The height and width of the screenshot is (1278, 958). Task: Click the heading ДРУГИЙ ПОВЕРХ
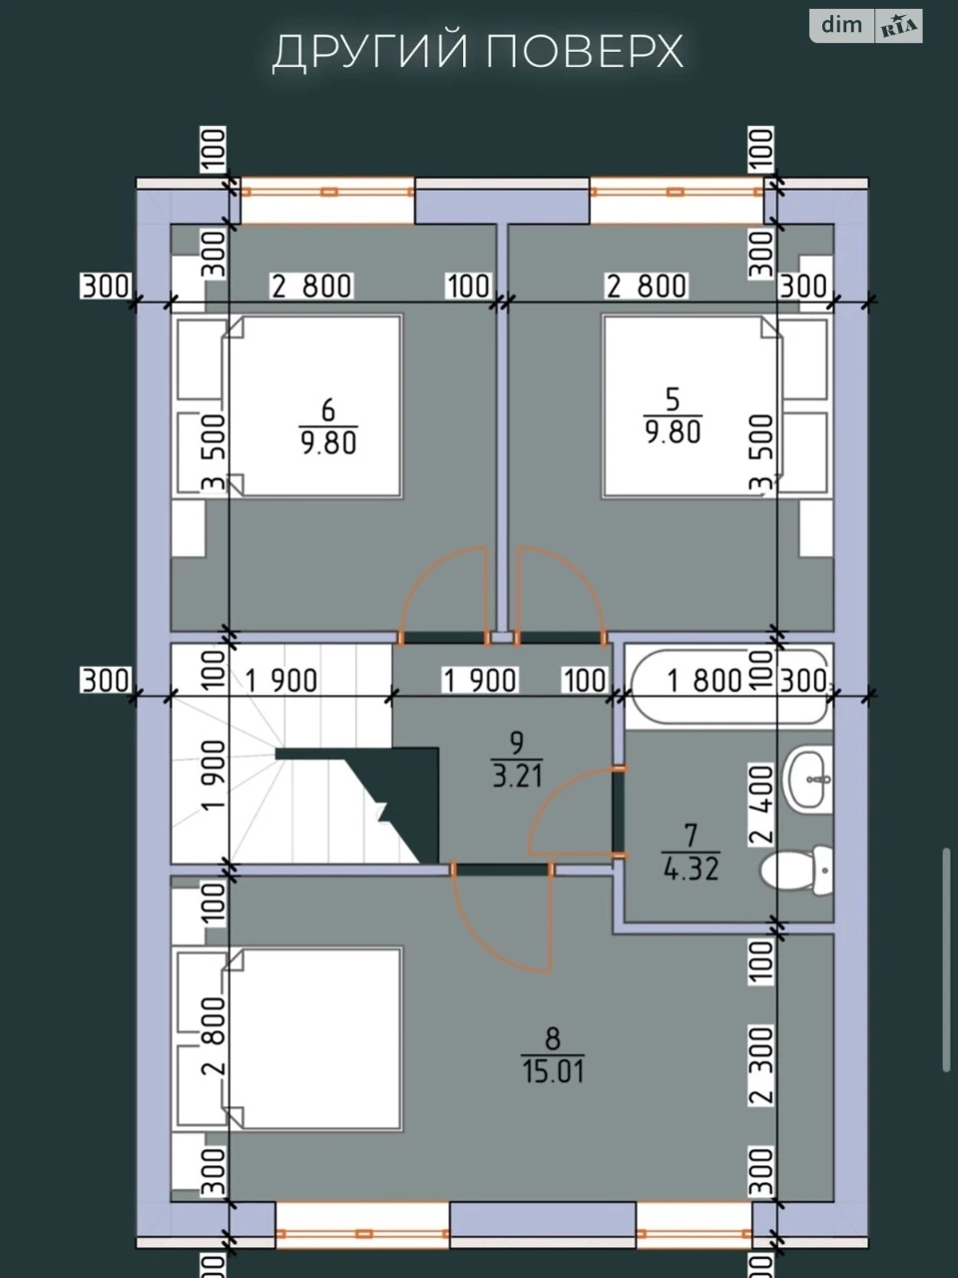click(x=478, y=52)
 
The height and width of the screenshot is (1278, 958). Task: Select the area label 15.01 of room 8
click(x=553, y=1071)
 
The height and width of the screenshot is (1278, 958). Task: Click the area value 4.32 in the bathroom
click(x=691, y=868)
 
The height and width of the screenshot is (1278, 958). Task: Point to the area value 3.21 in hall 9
click(x=517, y=776)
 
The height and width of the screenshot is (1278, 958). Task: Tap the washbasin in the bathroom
click(x=808, y=779)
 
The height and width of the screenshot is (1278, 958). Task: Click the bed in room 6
click(x=312, y=406)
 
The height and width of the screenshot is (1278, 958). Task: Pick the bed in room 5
click(x=693, y=406)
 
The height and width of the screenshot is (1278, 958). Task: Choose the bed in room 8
click(x=312, y=1038)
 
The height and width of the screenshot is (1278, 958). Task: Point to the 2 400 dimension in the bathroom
click(x=762, y=804)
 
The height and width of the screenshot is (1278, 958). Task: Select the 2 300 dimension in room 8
click(x=762, y=1065)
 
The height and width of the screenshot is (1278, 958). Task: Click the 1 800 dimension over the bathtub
click(x=705, y=680)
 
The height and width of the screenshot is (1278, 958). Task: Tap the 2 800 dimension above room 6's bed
click(x=311, y=286)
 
